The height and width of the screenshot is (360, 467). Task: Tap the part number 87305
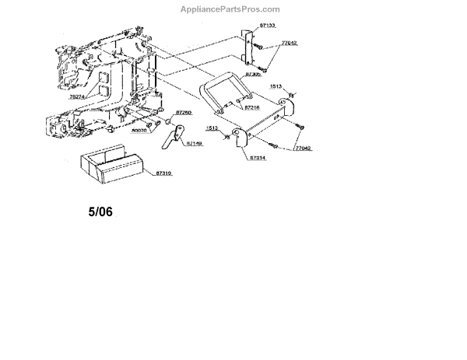252,73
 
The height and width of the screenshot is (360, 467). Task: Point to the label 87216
251,107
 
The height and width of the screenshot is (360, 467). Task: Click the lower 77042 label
303,146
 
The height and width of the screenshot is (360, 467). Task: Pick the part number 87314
258,157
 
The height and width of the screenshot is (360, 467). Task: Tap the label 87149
194,143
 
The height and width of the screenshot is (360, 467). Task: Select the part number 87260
184,113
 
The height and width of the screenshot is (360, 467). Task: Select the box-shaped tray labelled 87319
108,164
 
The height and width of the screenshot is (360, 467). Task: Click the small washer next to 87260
168,122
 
